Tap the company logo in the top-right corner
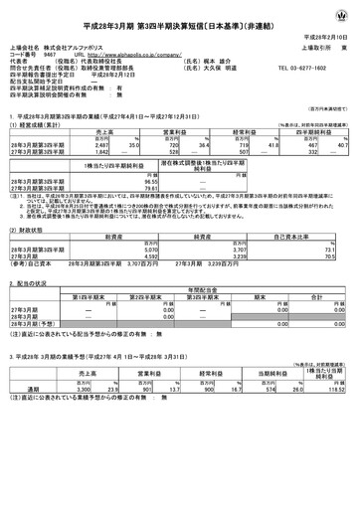343,11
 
